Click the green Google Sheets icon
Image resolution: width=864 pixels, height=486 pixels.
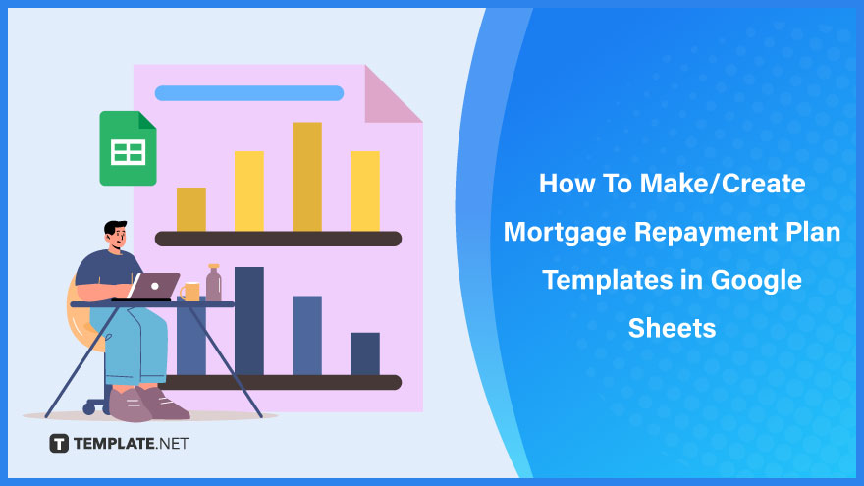point(128,148)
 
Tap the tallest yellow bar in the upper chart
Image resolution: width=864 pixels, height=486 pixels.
point(307,177)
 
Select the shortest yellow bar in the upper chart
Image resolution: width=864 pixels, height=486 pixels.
point(191,209)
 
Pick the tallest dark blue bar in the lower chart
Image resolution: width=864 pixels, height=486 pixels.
point(249,321)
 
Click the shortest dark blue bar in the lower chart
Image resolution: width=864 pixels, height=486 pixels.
point(365,353)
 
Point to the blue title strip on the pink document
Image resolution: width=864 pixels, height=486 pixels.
point(249,93)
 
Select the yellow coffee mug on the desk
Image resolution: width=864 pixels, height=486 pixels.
point(190,292)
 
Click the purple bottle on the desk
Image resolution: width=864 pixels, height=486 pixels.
point(214,283)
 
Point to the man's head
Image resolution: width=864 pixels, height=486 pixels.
point(116,236)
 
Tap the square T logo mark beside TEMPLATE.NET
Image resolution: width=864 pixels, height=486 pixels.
point(59,443)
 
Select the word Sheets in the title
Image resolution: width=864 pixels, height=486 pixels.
point(672,328)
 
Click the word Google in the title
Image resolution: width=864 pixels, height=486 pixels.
point(756,281)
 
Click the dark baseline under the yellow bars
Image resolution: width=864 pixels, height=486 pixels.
point(278,239)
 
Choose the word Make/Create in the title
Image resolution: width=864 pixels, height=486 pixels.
point(723,183)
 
